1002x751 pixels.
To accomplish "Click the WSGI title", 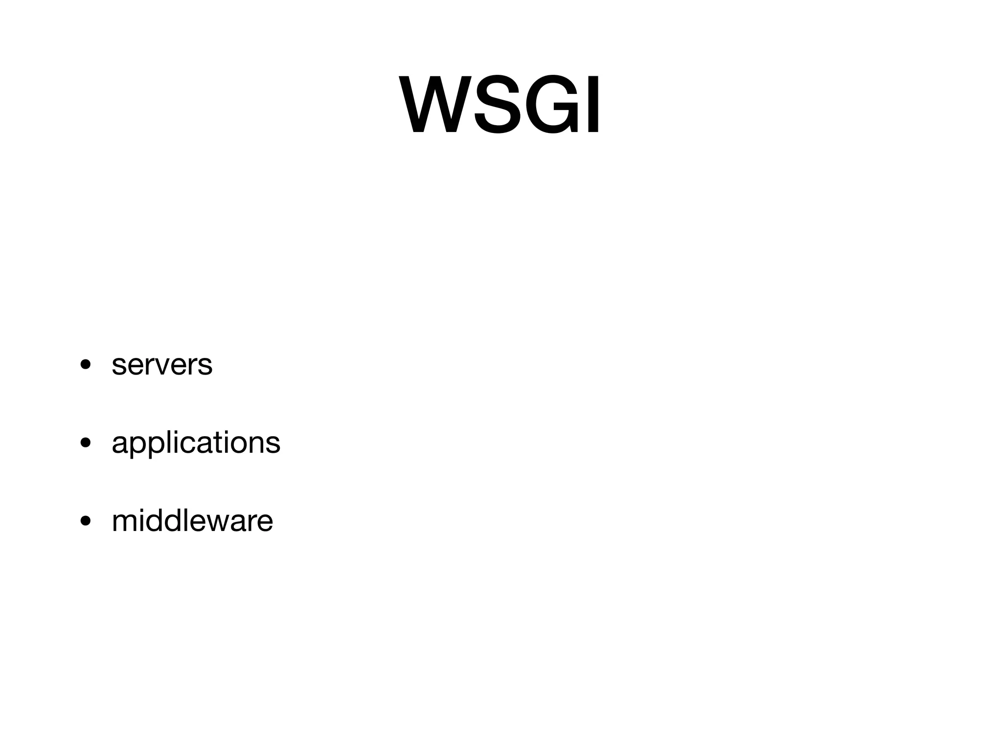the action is point(500,104).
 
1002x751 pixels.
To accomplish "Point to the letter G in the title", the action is point(551,104).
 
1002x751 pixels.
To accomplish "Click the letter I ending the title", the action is point(592,104).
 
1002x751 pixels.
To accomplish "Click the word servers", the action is point(162,365).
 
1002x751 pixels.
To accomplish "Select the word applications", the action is point(196,443).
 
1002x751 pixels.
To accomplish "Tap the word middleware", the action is point(192,521).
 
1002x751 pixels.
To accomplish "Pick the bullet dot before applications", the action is point(86,443).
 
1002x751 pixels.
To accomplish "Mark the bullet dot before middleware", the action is point(86,521).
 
